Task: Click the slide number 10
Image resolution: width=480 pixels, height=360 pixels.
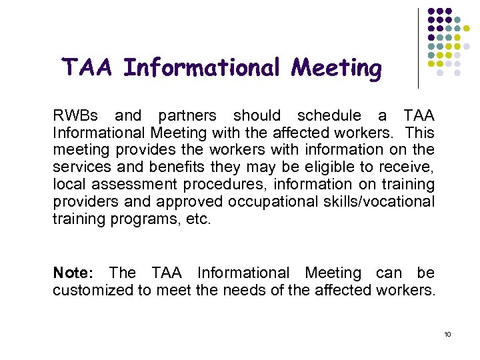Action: (447, 334)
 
